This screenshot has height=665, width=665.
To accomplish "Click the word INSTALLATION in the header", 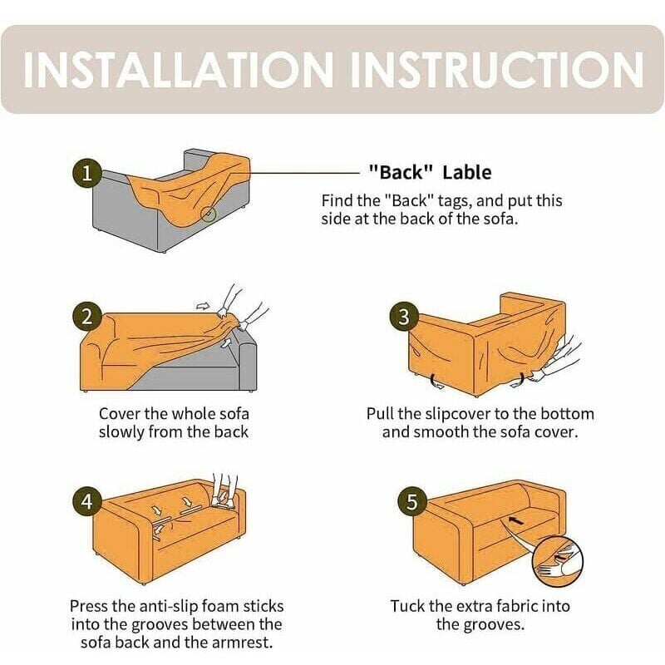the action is pos(179,70).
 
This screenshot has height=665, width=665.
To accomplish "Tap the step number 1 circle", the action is pos(86,173).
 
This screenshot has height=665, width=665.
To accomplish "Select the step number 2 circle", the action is pos(86,317).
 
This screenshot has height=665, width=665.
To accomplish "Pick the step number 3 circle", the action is pos(404,317).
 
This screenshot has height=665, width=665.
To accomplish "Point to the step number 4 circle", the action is pos(86,501).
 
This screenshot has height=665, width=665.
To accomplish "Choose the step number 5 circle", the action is pos(411,501).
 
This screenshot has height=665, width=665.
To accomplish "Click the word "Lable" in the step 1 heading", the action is pos(467,173).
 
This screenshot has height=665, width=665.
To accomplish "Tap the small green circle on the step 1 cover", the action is pos(209,214).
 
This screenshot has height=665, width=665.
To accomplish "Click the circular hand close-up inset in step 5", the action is pos(557,561).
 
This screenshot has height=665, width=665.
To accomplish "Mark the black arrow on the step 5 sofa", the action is pos(515,520).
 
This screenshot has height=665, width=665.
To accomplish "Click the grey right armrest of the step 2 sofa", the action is pos(248,364).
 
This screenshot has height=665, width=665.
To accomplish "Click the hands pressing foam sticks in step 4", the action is pos(224,490).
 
